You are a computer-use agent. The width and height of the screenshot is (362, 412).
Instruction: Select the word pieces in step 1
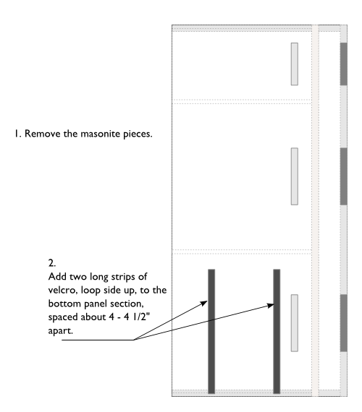[138, 134]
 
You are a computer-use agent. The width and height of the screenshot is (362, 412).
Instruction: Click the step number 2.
[52, 263]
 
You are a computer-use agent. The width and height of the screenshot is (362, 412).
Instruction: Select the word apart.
[60, 331]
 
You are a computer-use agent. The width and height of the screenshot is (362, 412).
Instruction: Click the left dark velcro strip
[211, 331]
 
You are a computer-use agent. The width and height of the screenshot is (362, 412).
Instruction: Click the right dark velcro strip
[277, 331]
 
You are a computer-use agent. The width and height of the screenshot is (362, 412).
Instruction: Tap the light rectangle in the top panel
[295, 64]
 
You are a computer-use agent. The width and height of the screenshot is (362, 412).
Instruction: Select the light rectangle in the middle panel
[295, 176]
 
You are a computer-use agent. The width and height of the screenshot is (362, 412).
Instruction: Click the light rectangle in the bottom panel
[295, 323]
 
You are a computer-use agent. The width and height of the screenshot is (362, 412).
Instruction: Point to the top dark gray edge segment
[344, 64]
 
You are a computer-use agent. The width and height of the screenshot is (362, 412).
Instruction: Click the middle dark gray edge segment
[344, 176]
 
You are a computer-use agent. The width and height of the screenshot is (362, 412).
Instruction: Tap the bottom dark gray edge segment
[344, 323]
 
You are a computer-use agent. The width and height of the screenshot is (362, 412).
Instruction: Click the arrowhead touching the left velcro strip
[204, 304]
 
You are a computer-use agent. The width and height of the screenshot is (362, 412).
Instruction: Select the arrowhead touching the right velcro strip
[270, 305]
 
